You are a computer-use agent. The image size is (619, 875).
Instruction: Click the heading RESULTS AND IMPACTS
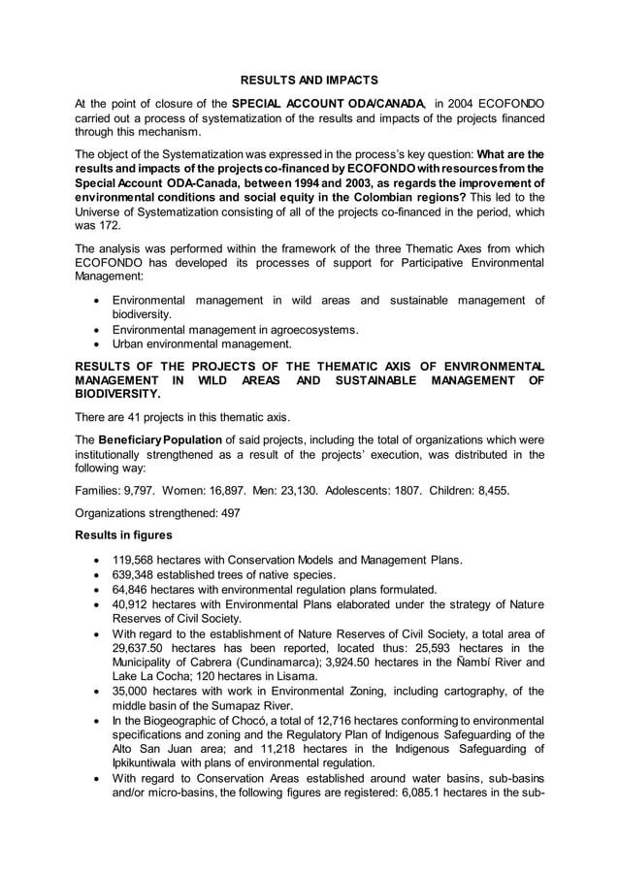(x=309, y=78)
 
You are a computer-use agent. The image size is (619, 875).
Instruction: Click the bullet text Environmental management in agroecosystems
(x=235, y=330)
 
